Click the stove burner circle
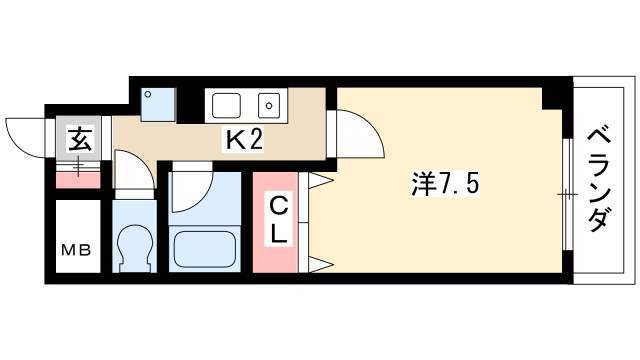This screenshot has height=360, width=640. pyautogui.click(x=268, y=103)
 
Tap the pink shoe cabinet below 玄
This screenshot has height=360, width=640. pyautogui.click(x=77, y=180)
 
